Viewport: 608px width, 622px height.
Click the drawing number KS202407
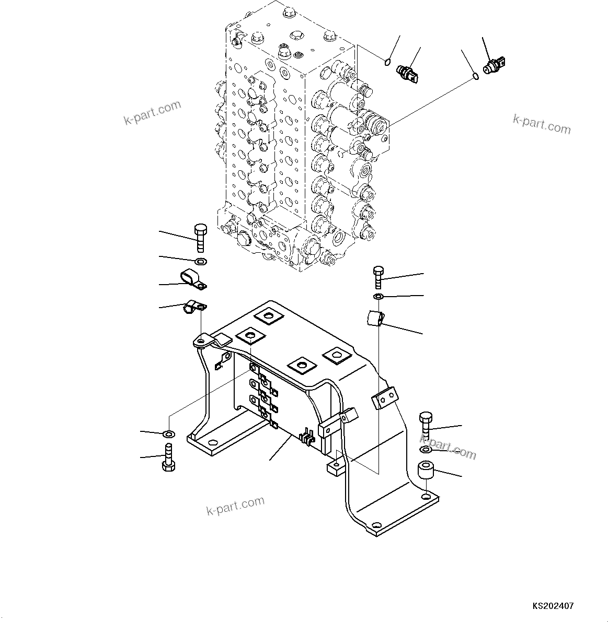pos(553,606)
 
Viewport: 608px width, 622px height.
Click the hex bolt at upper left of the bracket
pos(201,238)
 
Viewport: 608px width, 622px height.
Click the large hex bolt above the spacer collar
pos(426,425)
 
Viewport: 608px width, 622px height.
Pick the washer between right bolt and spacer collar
pos(426,450)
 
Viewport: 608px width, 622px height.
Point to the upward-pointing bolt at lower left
pos(168,458)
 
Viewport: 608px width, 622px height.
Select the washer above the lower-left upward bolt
pos(169,434)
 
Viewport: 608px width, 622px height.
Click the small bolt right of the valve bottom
pos(378,276)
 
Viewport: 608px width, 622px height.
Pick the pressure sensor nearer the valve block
pos(408,74)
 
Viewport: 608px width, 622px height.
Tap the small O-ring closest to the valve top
pos(387,63)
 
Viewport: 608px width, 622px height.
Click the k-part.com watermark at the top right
pos(542,124)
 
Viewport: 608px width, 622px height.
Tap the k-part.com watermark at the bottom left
pos(235,505)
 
